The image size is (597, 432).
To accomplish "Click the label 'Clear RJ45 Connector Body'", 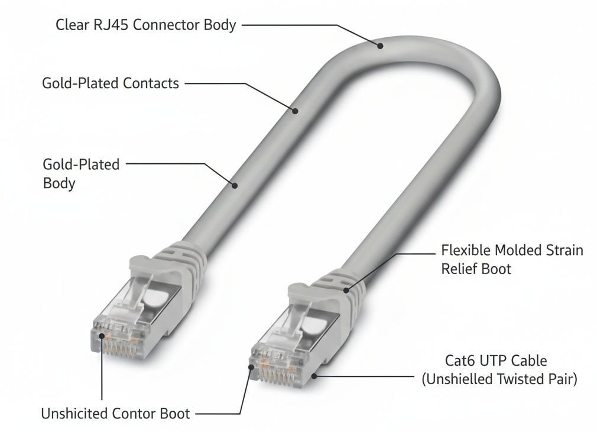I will [145, 25].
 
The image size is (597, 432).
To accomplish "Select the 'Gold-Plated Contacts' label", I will [111, 83].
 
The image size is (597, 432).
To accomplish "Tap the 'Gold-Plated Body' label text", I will [81, 173].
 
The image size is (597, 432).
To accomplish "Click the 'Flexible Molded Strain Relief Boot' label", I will [512, 259].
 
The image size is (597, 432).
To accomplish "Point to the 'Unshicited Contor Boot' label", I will [115, 413].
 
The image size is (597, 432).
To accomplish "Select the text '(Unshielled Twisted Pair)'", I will [499, 379].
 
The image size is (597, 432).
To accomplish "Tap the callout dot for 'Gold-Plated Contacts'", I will [294, 109].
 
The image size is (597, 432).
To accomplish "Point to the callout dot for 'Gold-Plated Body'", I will [235, 185].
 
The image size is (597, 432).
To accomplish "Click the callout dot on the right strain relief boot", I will [346, 290].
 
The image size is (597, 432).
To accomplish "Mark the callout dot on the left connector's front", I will [102, 336].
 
